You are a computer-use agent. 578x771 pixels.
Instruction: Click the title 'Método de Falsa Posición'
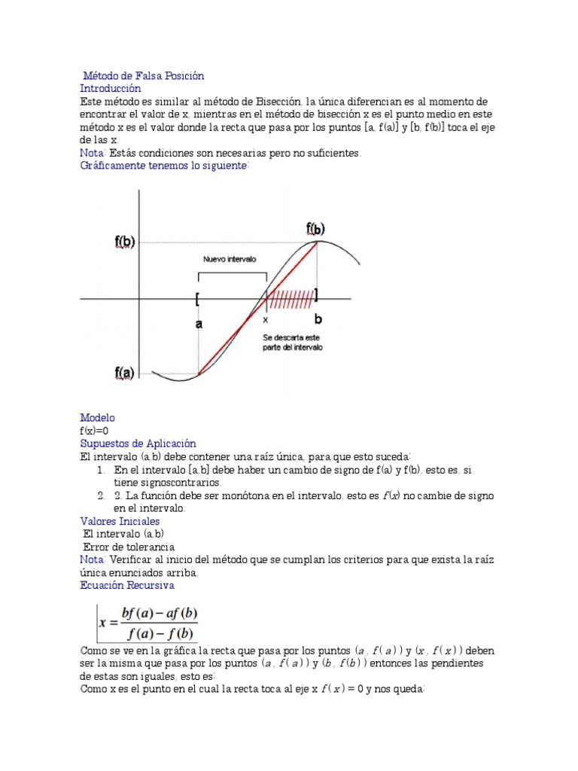pos(143,76)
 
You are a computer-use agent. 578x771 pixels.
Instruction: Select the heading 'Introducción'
pos(111,88)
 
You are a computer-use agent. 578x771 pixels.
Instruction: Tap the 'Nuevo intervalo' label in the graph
pos(230,259)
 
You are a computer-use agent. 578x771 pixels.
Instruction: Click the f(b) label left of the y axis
pos(125,242)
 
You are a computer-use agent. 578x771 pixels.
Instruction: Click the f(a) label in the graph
pos(124,372)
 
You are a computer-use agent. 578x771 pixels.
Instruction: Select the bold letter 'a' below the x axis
pos(199,324)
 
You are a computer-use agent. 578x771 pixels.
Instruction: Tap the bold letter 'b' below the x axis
pos(318,320)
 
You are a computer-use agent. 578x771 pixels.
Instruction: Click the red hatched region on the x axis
pos(291,300)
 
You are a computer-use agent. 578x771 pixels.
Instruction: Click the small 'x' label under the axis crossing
pos(265,319)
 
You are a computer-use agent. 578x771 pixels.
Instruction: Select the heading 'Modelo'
pos(97,418)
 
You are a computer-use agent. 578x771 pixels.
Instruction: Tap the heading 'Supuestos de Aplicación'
pos(138,443)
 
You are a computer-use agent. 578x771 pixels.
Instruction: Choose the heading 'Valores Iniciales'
pos(120,521)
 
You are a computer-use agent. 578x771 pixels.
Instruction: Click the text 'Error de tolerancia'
pos(129,547)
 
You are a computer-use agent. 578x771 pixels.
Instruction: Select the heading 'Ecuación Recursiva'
pos(127,585)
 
